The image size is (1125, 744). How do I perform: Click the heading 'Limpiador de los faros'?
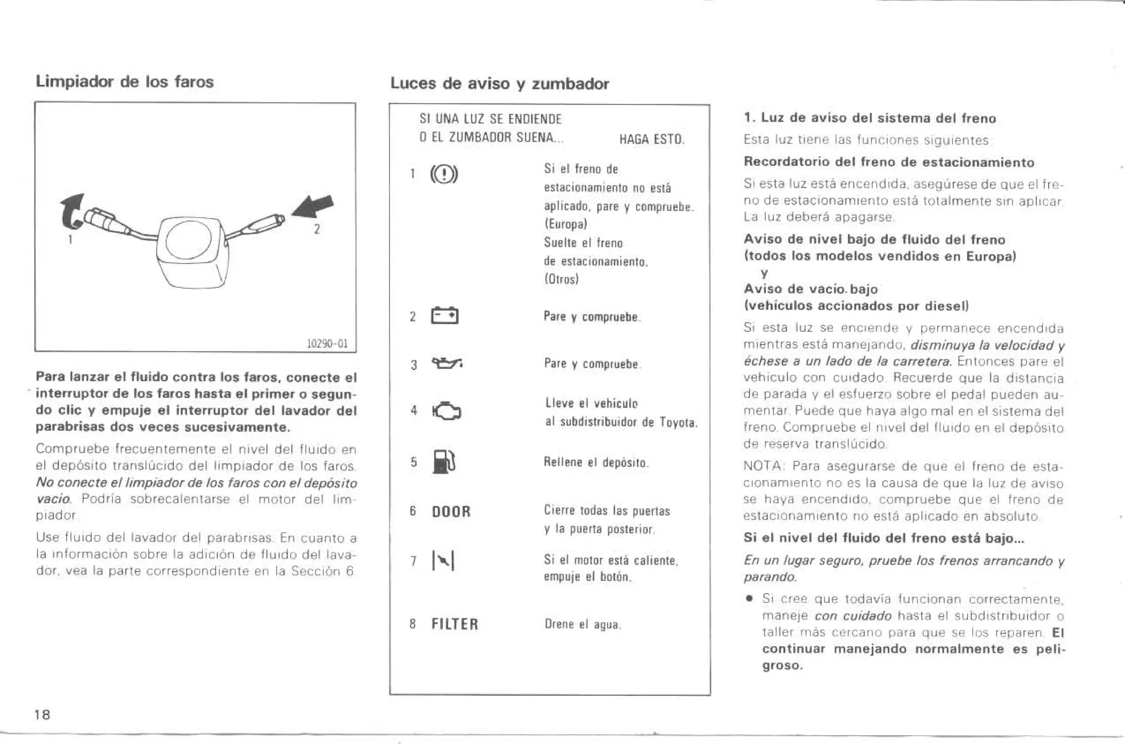[125, 82]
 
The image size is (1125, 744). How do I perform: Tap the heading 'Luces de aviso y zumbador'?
[499, 84]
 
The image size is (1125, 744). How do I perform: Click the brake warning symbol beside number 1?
[444, 175]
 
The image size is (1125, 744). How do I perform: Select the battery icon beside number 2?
[445, 317]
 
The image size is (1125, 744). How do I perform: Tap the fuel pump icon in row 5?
[444, 461]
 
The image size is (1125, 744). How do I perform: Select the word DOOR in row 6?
[451, 512]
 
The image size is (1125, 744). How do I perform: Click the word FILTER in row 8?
[455, 624]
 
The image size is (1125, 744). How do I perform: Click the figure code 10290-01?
[327, 344]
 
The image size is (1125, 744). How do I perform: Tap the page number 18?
[42, 715]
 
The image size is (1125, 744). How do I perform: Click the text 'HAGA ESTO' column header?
[651, 139]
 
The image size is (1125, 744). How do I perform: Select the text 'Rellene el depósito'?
[596, 462]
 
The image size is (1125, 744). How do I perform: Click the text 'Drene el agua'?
[582, 624]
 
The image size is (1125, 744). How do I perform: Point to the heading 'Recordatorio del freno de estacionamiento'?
[888, 162]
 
